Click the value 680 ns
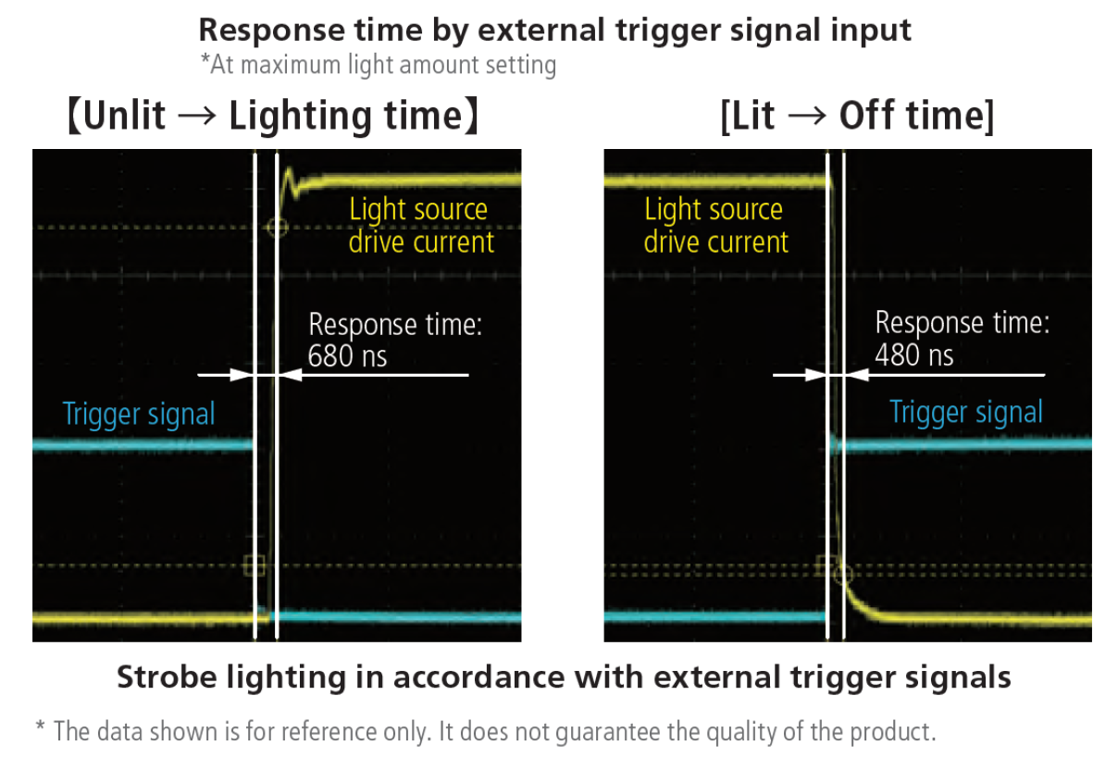pos(347,355)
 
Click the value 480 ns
pos(914,354)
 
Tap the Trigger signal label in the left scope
pos(139,415)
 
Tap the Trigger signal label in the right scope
pos(966,413)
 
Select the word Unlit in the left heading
pos(124,116)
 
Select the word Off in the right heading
pos(866,116)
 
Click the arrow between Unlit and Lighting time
pos(197,117)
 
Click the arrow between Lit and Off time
pos(807,117)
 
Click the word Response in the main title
pos(271,31)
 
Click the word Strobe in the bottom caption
pos(167,677)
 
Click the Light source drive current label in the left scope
pos(421,226)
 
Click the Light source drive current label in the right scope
pos(716,226)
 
